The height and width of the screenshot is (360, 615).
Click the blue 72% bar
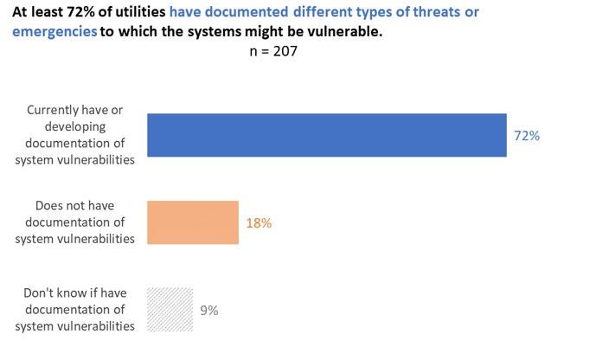[327, 135]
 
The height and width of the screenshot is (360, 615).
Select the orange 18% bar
[193, 222]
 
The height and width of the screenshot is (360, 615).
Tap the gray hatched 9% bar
[170, 309]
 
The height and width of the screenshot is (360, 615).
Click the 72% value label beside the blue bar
[528, 136]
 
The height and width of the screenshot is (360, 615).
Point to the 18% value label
[259, 223]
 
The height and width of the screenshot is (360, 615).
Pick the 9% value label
[208, 310]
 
